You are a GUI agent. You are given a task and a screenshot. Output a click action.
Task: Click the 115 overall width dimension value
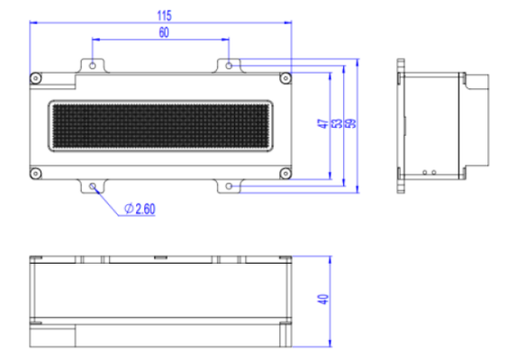coord(164,15)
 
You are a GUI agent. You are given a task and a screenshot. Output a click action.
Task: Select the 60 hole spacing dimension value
coord(164,32)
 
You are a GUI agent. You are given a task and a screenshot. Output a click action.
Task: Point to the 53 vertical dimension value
coord(336,124)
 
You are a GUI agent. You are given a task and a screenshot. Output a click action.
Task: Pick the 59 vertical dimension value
coord(349,124)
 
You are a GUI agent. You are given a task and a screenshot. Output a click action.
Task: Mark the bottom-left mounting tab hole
coord(93,186)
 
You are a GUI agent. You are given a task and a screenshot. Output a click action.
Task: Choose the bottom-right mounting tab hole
coord(230,186)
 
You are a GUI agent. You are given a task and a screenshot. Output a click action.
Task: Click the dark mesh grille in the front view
coord(159,126)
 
